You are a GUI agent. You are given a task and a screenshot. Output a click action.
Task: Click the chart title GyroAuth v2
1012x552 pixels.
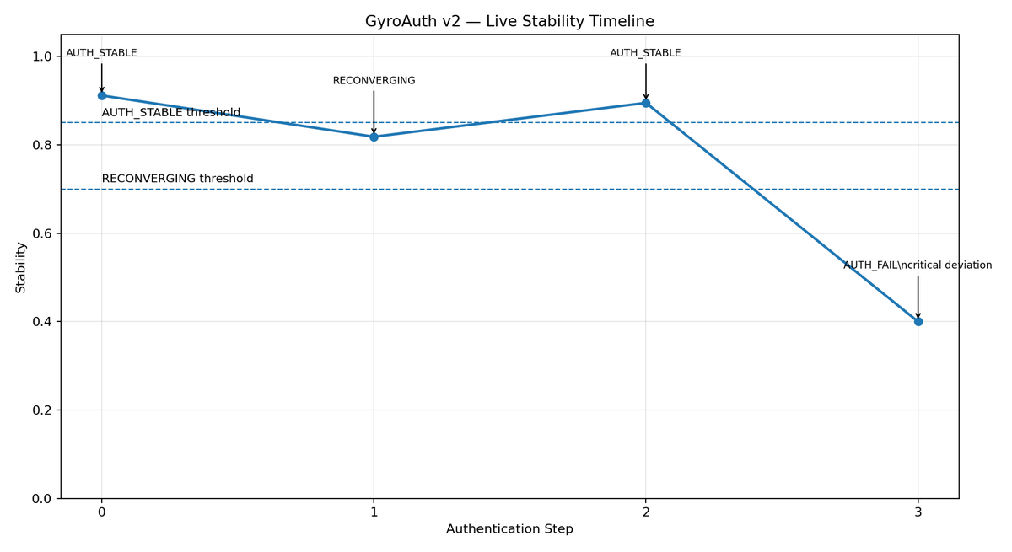(509, 22)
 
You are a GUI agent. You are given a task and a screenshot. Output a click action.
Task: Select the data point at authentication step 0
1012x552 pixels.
(102, 95)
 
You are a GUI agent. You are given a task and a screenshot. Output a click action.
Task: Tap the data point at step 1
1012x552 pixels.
(374, 137)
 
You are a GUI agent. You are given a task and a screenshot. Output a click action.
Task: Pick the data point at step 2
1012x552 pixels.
(646, 103)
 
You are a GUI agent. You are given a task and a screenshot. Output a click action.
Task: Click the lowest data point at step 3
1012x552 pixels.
(918, 321)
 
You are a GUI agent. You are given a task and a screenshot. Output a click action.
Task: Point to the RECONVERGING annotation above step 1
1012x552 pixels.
(374, 81)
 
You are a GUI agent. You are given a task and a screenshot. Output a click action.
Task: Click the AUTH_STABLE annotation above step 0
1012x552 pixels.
(101, 53)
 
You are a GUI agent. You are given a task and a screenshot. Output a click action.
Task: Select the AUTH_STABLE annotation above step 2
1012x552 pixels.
(645, 53)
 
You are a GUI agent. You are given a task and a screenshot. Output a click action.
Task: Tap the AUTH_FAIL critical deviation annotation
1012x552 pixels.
(918, 265)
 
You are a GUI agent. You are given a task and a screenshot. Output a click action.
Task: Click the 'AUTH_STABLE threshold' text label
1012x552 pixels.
(171, 113)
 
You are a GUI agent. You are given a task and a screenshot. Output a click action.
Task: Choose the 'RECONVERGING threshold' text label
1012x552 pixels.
(177, 179)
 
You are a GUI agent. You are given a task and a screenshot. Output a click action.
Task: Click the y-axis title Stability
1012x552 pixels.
(21, 267)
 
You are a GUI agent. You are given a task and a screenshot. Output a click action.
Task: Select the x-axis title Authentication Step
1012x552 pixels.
(509, 529)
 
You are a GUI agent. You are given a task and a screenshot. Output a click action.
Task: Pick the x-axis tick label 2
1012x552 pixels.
(646, 512)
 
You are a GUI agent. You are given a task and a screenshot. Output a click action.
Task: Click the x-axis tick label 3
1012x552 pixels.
(918, 512)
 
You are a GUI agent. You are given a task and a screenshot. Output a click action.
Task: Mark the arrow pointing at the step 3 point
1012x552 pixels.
(918, 297)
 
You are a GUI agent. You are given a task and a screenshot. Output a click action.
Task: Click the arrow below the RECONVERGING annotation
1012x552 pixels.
(374, 111)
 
